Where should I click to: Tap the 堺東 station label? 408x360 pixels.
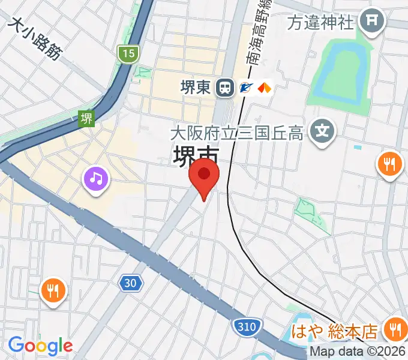point(196,88)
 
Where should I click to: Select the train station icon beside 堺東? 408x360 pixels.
point(226,88)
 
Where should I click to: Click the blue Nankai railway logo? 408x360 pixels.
point(246,88)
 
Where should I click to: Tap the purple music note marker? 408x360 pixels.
point(96,178)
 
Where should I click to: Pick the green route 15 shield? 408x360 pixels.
point(128,54)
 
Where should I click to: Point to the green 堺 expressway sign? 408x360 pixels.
point(87,118)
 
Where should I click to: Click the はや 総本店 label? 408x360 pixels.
point(335,331)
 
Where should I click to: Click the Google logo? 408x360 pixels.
point(40,345)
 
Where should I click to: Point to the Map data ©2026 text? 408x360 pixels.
point(358,353)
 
